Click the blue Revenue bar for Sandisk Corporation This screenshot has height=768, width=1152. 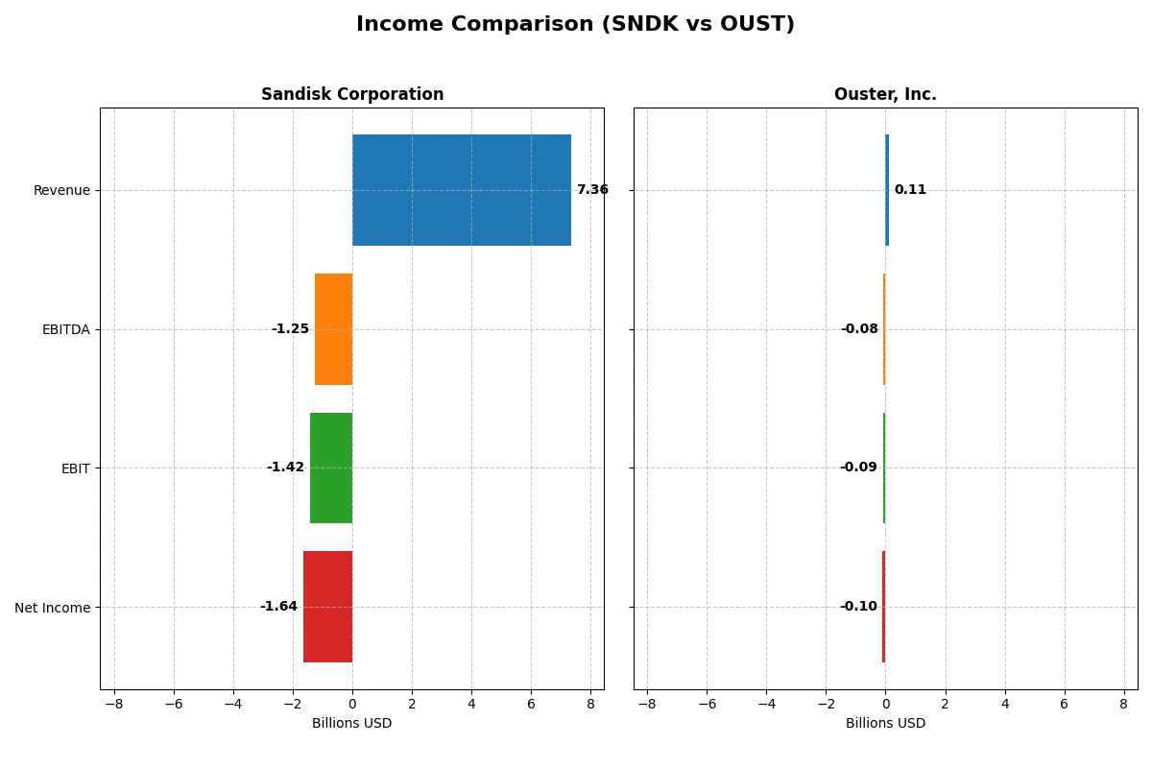(x=461, y=190)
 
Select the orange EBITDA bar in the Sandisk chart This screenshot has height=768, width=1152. (x=333, y=329)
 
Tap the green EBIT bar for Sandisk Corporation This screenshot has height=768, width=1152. (x=331, y=468)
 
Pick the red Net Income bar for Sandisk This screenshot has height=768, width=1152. (x=327, y=607)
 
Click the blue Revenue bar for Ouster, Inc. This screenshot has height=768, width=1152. (x=887, y=190)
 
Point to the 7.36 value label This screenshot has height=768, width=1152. (x=592, y=190)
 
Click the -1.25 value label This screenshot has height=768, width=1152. (x=290, y=329)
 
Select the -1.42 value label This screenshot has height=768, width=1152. (x=285, y=468)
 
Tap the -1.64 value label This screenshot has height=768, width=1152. (x=278, y=607)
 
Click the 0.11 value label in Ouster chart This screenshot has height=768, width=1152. (x=910, y=190)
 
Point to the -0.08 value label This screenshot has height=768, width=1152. (x=859, y=329)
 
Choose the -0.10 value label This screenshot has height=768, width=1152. (x=858, y=607)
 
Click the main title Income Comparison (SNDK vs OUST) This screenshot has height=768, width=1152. (x=575, y=25)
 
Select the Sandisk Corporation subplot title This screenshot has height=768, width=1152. (x=352, y=95)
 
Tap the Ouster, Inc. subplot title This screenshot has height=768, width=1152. (x=885, y=95)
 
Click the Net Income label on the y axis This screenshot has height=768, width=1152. (x=53, y=608)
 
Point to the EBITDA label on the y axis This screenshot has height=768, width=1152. (x=65, y=330)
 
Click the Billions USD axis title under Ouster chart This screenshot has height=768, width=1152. (x=885, y=724)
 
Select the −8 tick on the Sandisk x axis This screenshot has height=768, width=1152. (x=114, y=704)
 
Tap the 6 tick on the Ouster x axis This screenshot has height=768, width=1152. (x=1064, y=704)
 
